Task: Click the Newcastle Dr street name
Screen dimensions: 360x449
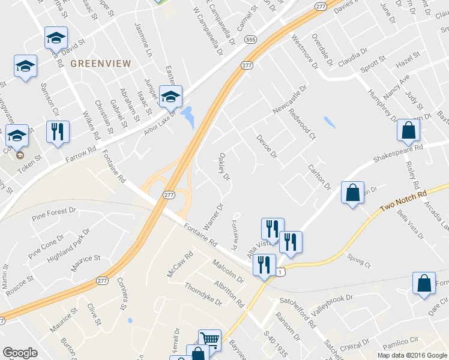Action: [289, 100]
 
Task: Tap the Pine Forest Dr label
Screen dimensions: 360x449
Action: [54, 213]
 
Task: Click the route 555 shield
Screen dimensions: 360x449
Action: [251, 40]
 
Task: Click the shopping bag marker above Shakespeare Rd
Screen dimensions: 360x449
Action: [408, 130]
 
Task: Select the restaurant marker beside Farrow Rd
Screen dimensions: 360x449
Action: [58, 131]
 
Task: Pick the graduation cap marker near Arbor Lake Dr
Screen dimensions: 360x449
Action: [170, 95]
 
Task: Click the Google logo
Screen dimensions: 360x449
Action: [20, 352]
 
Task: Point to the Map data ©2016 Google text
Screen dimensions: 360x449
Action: [412, 355]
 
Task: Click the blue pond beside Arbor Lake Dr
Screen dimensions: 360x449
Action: [188, 116]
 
